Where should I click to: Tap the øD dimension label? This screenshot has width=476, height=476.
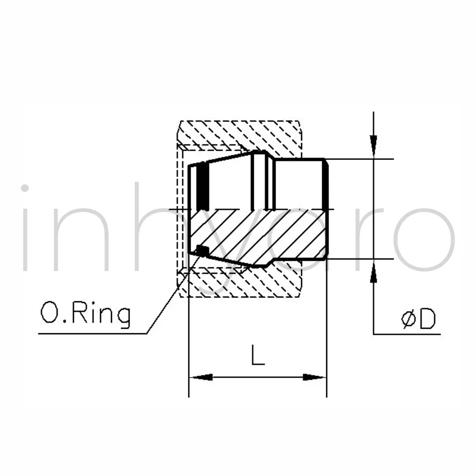pyautogui.click(x=418, y=319)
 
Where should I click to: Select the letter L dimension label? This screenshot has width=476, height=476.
pyautogui.click(x=258, y=355)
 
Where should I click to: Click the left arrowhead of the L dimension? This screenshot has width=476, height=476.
pyautogui.click(x=201, y=377)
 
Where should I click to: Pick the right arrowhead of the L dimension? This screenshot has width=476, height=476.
pyautogui.click(x=315, y=377)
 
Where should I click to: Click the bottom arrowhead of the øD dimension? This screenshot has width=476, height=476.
pyautogui.click(x=373, y=271)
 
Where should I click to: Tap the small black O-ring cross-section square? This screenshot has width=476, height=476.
pyautogui.click(x=203, y=251)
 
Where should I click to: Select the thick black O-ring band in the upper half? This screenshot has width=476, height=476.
pyautogui.click(x=203, y=187)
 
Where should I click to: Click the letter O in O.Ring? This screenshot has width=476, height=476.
pyautogui.click(x=48, y=312)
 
